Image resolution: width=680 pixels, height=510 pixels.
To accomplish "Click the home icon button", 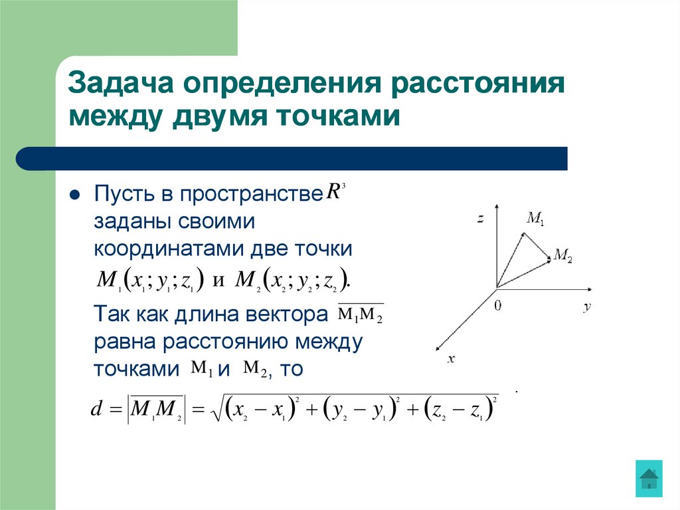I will click(649, 478).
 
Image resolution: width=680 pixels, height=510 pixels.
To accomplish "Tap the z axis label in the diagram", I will click(479, 218).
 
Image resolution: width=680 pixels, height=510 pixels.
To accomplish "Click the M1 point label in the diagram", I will click(535, 217).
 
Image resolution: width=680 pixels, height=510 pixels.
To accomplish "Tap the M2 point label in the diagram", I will click(562, 256).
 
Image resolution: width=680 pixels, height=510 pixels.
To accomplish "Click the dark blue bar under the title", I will click(292, 158).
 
